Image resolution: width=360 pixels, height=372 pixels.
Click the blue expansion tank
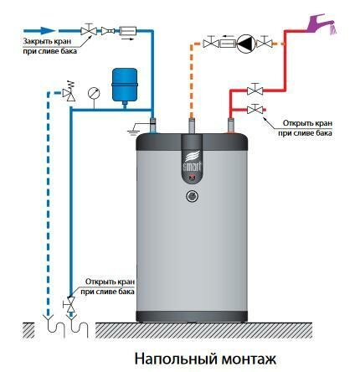tap(125, 85)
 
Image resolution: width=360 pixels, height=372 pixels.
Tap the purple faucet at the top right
tap(321, 23)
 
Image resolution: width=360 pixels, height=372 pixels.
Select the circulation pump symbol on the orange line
tap(245, 44)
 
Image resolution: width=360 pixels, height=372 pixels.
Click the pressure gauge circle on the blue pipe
tap(94, 94)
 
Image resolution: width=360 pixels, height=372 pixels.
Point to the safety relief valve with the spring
tap(69, 91)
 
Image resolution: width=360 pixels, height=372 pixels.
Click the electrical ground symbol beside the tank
tap(134, 128)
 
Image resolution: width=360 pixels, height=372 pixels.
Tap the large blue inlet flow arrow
tap(39, 31)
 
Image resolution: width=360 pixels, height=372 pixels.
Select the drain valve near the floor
tap(71, 304)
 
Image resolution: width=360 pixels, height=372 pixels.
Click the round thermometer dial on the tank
tap(192, 196)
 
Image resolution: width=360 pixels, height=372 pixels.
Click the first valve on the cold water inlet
tap(89, 29)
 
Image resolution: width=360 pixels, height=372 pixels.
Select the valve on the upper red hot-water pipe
tap(255, 90)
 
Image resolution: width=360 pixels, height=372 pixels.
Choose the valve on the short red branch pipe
tap(255, 109)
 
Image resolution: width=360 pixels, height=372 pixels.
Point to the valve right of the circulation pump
tap(264, 43)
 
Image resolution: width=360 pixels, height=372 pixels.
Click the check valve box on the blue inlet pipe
tap(128, 30)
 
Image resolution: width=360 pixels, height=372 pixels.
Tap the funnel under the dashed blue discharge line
tap(48, 318)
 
